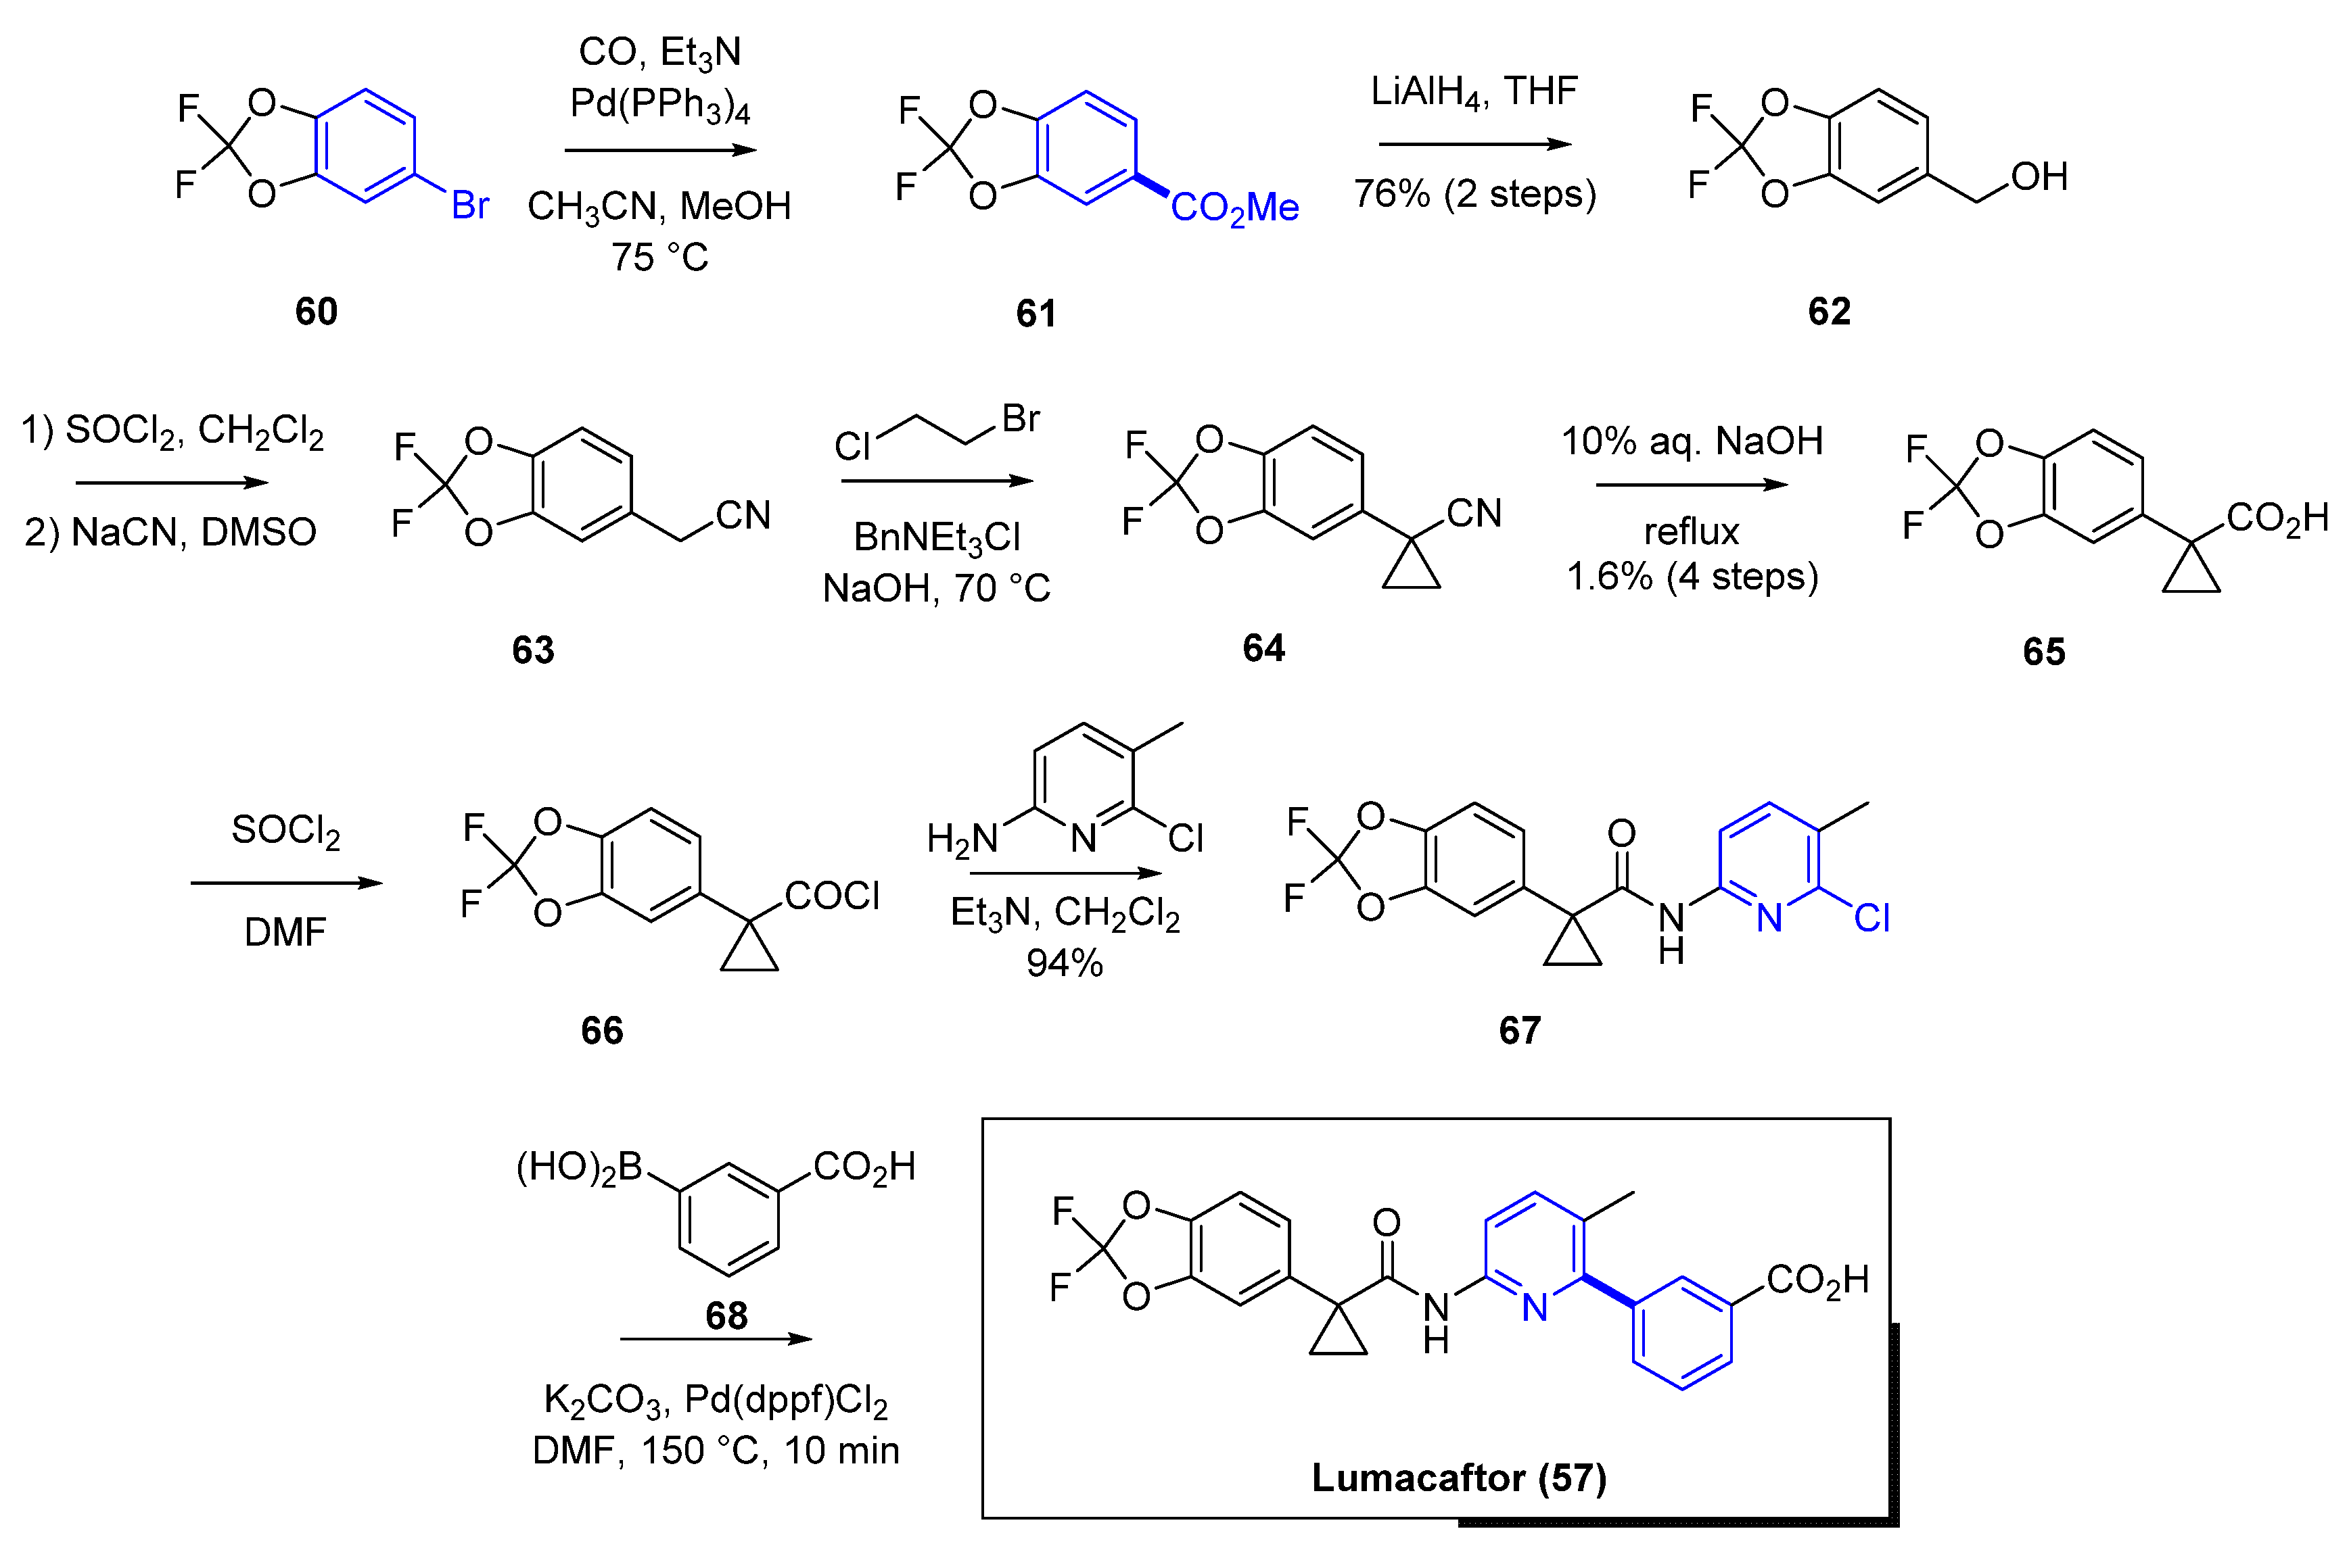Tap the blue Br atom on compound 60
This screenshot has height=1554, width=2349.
[x=470, y=206]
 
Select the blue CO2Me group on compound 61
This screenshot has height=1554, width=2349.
[x=1234, y=208]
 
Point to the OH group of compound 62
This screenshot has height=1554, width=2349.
[x=2039, y=177]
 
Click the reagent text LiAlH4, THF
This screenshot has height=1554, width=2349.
[x=1474, y=92]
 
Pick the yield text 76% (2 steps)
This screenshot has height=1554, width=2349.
[x=1474, y=193]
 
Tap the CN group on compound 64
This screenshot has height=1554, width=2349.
[x=1474, y=513]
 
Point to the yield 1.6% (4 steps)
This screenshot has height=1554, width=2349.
[x=1692, y=577]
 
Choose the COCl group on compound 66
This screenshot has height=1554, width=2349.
[x=832, y=896]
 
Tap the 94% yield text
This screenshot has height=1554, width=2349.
[x=1064, y=963]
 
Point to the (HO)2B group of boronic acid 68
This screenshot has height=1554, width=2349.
[x=579, y=1167]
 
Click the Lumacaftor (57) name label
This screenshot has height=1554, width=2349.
[x=1459, y=1478]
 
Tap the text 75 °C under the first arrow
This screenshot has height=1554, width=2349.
[x=659, y=258]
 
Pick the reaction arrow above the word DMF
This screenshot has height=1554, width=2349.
[x=285, y=883]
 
